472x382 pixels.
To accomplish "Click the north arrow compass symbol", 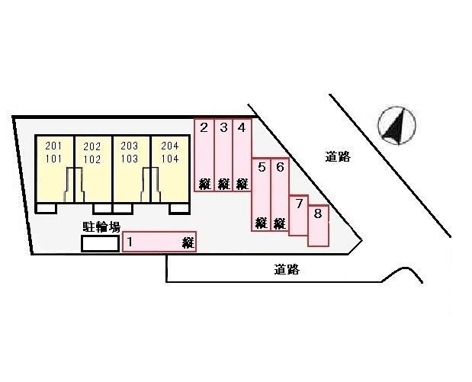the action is pyautogui.click(x=397, y=125).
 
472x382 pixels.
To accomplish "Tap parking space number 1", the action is pyautogui.click(x=159, y=242).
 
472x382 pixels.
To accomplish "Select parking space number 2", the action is pyautogui.click(x=204, y=155).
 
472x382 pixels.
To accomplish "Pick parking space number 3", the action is pyautogui.click(x=223, y=155).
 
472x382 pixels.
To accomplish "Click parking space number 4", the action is pyautogui.click(x=242, y=155).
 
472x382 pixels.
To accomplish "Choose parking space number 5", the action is pyautogui.click(x=262, y=194).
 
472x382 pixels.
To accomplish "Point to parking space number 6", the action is pyautogui.click(x=280, y=194).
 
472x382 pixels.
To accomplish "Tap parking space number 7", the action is pyautogui.click(x=299, y=215).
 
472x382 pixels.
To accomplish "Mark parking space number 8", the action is pyautogui.click(x=318, y=226).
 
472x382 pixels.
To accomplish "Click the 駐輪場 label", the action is pyautogui.click(x=101, y=227).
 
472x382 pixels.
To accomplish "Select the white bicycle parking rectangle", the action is pyautogui.click(x=100, y=243).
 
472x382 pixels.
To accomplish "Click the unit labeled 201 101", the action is pyautogui.click(x=54, y=169).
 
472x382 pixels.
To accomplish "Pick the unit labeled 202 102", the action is pyautogui.click(x=93, y=169).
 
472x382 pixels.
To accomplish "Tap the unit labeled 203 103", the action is pyautogui.click(x=131, y=169).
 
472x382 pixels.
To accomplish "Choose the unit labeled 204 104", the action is pyautogui.click(x=170, y=169).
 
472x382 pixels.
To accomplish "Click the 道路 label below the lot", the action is pyautogui.click(x=287, y=269).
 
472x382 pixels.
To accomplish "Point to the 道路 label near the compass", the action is pyautogui.click(x=338, y=157).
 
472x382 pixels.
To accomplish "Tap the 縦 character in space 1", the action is pyautogui.click(x=188, y=243).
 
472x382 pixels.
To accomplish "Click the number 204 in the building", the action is pyautogui.click(x=170, y=146).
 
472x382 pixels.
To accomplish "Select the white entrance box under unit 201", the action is pyautogui.click(x=47, y=208).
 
